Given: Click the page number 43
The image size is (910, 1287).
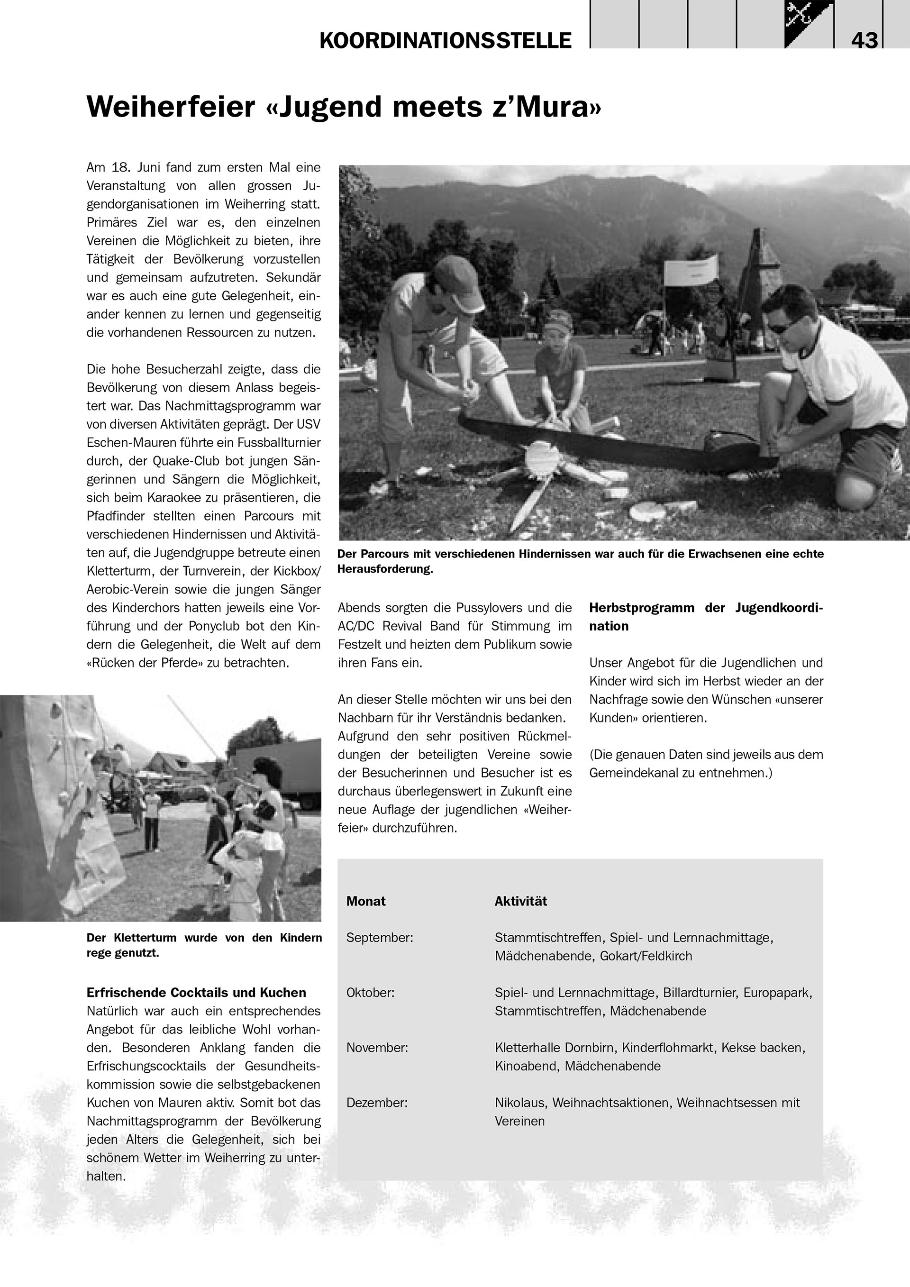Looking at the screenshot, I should [x=864, y=40].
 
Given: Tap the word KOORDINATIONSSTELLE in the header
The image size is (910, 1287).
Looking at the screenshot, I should [x=446, y=40].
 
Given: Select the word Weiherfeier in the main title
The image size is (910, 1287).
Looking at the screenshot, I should [x=171, y=107].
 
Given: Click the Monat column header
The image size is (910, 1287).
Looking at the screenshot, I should [x=366, y=901].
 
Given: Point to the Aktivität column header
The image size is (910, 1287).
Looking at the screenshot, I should [x=520, y=901].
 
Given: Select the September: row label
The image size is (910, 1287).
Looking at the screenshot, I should [x=379, y=937].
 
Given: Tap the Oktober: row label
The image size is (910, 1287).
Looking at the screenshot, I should [x=370, y=993].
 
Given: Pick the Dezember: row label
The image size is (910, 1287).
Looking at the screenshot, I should [x=376, y=1103].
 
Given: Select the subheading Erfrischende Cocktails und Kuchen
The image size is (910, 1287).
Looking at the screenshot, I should [x=196, y=993].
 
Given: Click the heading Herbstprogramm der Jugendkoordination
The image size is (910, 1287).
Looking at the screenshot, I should [x=705, y=617].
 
